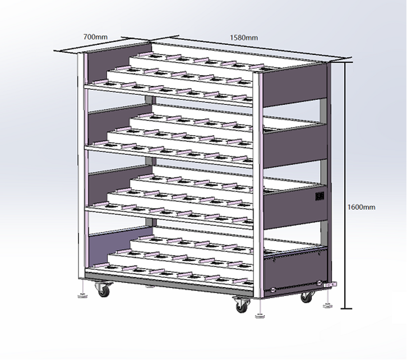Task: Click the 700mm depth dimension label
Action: coord(95,37)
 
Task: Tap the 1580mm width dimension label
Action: coord(244,38)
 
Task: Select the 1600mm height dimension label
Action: coord(362,207)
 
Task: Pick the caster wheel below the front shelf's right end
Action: coord(242,305)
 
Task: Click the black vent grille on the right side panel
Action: coord(320,196)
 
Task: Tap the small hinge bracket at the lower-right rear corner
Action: coord(330,284)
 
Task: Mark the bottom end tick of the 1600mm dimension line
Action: coord(346,308)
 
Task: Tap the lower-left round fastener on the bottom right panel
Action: coord(273,290)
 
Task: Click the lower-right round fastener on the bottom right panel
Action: coord(319,283)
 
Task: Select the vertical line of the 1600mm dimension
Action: coord(345,185)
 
